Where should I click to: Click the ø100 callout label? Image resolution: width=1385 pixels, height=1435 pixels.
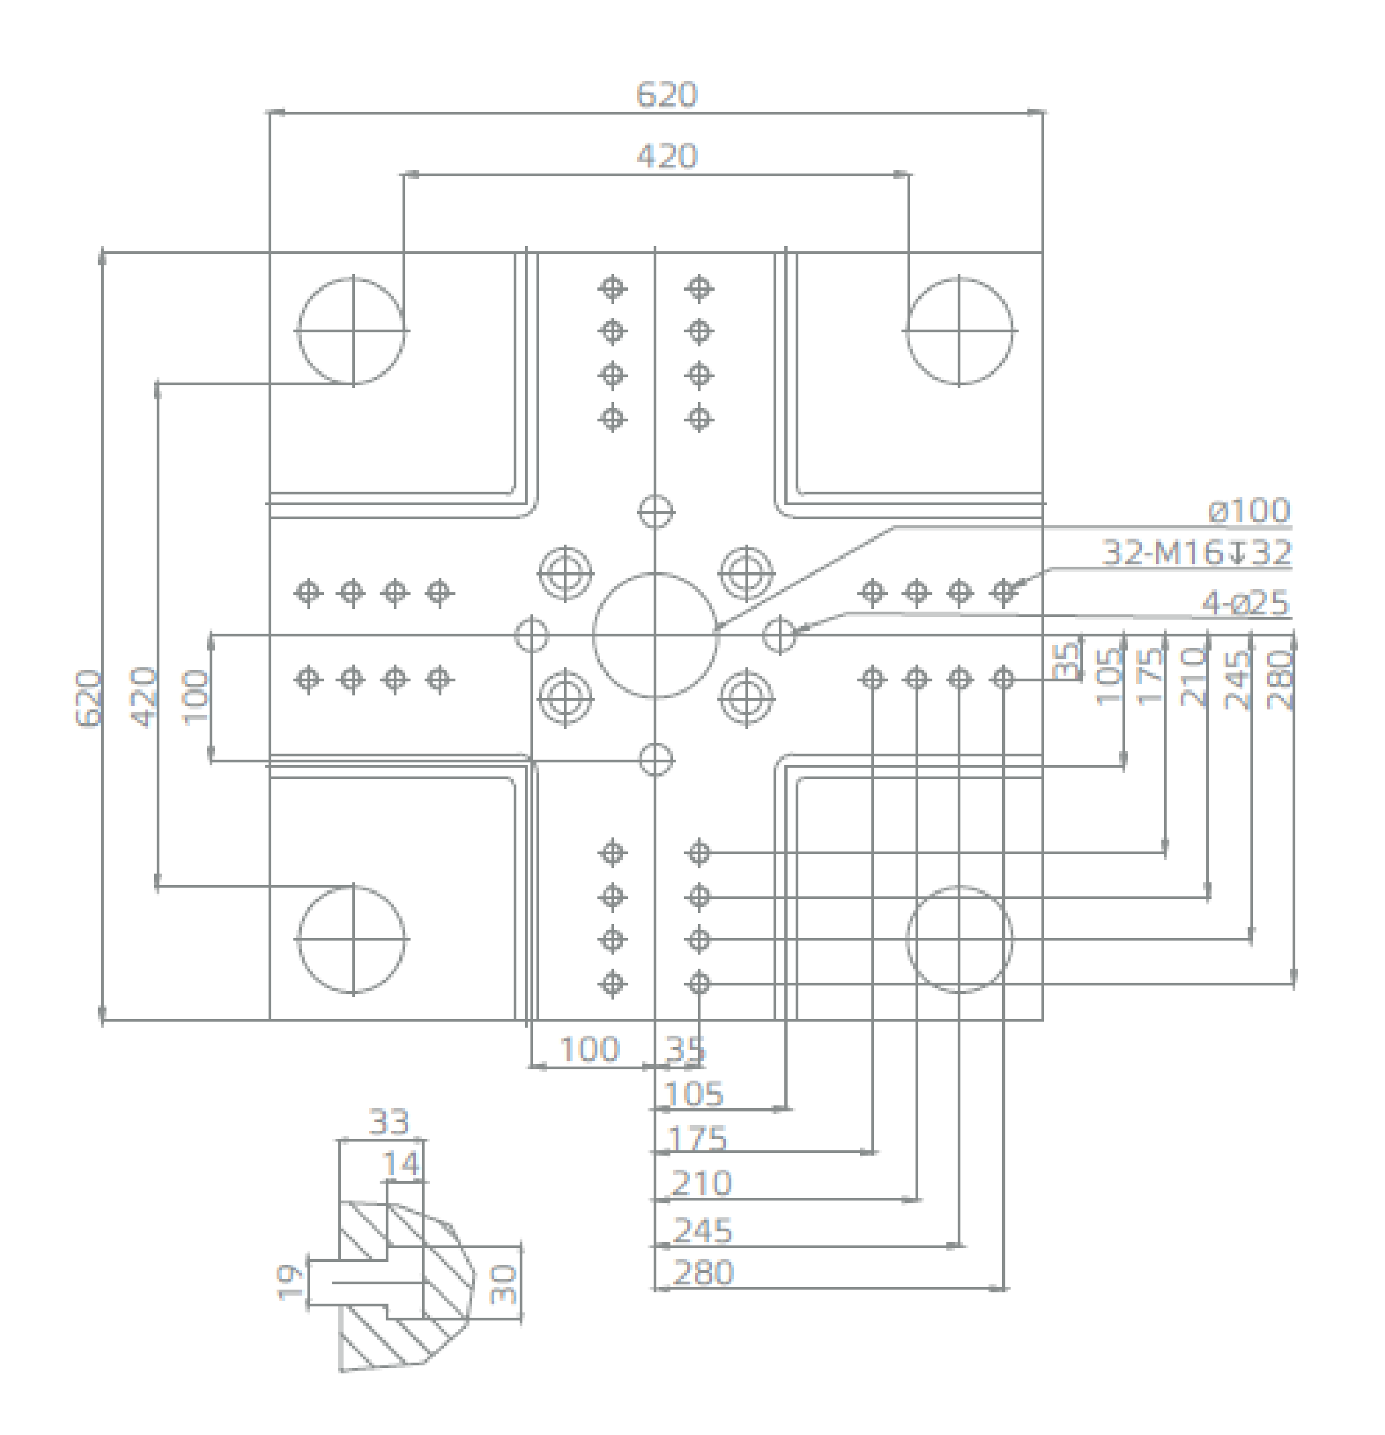tap(1249, 510)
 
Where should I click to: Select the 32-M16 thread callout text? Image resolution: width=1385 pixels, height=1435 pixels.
tap(1197, 552)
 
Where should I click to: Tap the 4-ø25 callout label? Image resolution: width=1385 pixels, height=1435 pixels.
tap(1244, 604)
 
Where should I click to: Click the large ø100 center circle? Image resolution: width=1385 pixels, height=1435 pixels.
tap(655, 635)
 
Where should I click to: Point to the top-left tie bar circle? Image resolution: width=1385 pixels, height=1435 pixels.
tap(352, 330)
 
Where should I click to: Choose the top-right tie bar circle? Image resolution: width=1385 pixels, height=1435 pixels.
tap(959, 330)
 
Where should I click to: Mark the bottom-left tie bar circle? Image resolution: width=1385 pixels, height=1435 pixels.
tap(352, 939)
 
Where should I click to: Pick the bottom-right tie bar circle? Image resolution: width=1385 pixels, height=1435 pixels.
tap(959, 939)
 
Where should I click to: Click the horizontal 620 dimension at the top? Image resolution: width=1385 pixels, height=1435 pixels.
tap(666, 95)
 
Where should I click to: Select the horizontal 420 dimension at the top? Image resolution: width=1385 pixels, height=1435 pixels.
tap(666, 157)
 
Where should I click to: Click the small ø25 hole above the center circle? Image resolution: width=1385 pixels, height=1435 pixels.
tap(656, 511)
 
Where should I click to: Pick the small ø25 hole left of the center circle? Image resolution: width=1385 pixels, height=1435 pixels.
tap(532, 635)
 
